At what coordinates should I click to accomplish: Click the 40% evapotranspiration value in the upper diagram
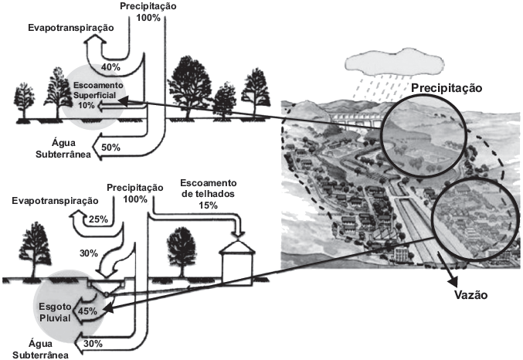click(111, 67)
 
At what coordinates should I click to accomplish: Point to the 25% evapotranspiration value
click(98, 219)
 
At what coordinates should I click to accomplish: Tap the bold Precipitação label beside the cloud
click(446, 89)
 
